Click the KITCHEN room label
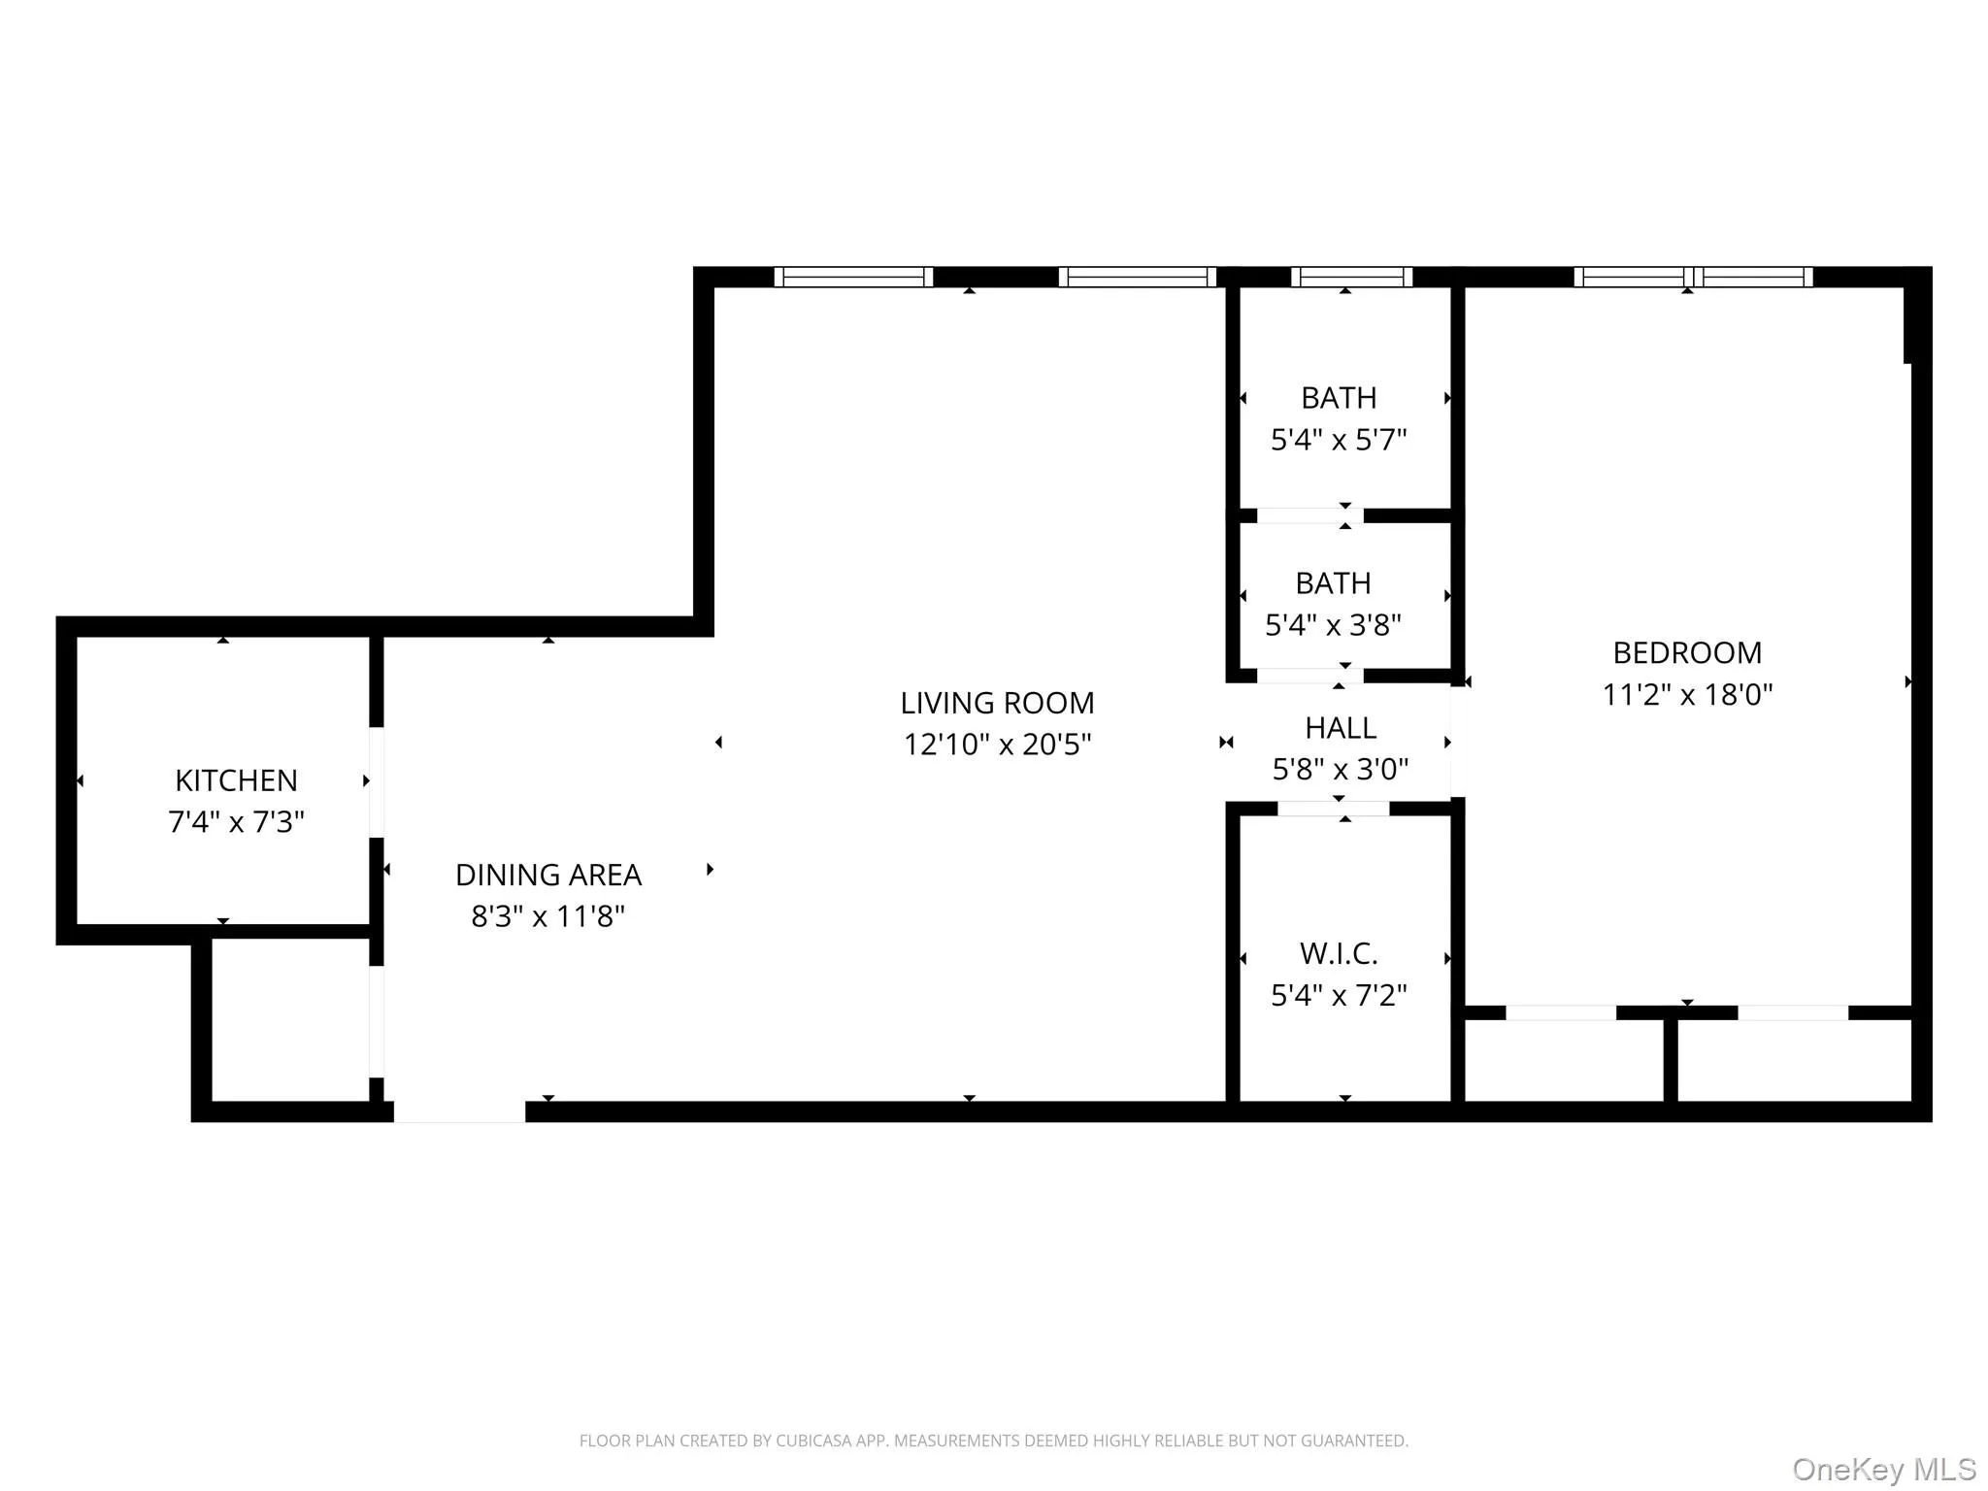point(236,780)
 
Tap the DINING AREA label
point(548,875)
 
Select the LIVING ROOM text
point(997,703)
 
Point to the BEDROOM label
point(1687,652)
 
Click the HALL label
point(1340,728)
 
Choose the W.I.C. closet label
point(1339,953)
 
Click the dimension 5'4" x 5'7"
point(1339,440)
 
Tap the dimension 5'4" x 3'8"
point(1333,625)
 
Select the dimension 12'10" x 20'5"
point(997,745)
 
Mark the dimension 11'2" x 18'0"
point(1687,695)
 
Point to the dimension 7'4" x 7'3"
point(236,822)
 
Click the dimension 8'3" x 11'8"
point(548,916)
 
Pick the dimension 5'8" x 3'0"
point(1340,770)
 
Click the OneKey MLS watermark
point(1883,1469)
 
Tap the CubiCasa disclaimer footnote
point(993,1441)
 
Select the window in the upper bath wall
point(1351,277)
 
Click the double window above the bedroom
point(1693,277)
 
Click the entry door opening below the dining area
point(460,1111)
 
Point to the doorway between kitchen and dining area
point(377,782)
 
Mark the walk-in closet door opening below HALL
point(1333,809)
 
